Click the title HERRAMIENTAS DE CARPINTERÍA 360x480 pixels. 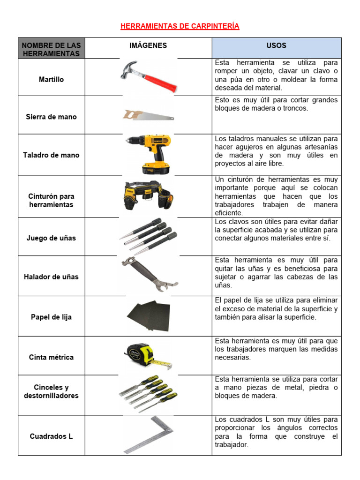point(180,26)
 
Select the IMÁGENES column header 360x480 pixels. point(148,45)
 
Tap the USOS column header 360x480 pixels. point(277,45)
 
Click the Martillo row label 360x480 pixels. point(51,80)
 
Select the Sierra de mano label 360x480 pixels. point(51,117)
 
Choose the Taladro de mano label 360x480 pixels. point(51,155)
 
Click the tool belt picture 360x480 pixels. point(148,195)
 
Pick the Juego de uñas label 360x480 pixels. point(51,238)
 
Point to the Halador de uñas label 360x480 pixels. point(51,277)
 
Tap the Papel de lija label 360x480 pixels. point(51,317)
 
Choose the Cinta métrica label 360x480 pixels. point(51,357)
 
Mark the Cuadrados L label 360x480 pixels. point(51,436)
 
